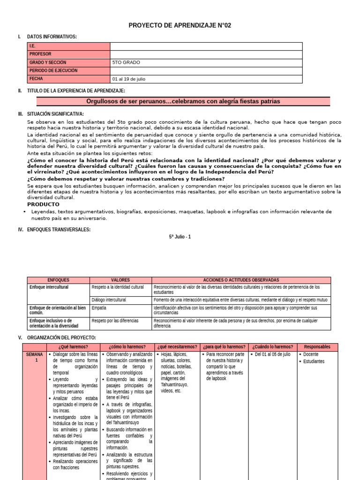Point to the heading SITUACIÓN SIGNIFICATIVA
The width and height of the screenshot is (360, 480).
point(56,114)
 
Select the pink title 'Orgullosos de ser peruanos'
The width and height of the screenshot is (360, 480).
point(183,101)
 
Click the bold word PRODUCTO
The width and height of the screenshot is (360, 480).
point(44,204)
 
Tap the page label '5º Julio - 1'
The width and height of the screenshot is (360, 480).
point(180,237)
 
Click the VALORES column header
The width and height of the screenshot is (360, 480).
point(120,280)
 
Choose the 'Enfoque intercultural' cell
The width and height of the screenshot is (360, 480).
point(49,287)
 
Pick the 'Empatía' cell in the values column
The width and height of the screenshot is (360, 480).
point(99,308)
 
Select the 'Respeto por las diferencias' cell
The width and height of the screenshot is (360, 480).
point(115,321)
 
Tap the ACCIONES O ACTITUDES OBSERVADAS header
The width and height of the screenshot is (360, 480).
point(241,280)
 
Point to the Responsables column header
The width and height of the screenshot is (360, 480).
point(314,347)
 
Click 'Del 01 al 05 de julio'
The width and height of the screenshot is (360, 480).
point(273,354)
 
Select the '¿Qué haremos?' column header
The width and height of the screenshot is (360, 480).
point(73,347)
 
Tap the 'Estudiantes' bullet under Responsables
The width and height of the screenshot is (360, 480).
point(314,361)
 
